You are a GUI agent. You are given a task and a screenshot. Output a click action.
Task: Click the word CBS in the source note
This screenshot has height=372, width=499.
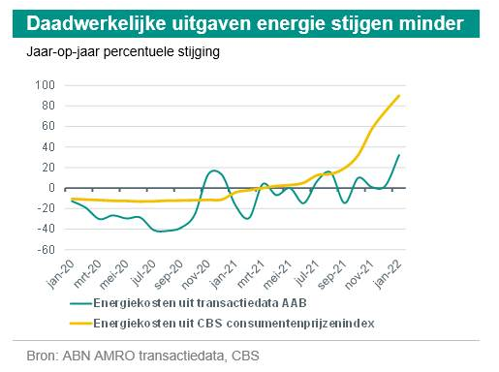244,356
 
